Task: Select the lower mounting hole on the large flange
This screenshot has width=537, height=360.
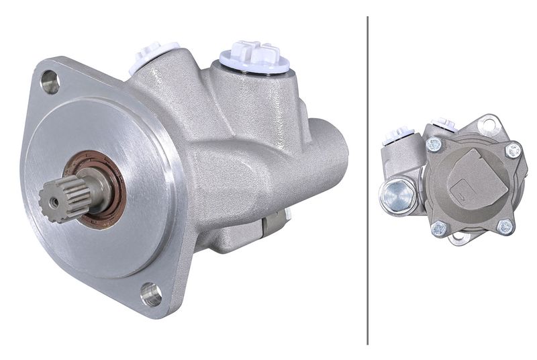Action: pyautogui.click(x=152, y=294)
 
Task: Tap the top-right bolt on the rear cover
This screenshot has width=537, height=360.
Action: pyautogui.click(x=513, y=150)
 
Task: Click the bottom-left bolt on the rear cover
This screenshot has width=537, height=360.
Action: pyautogui.click(x=438, y=228)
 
